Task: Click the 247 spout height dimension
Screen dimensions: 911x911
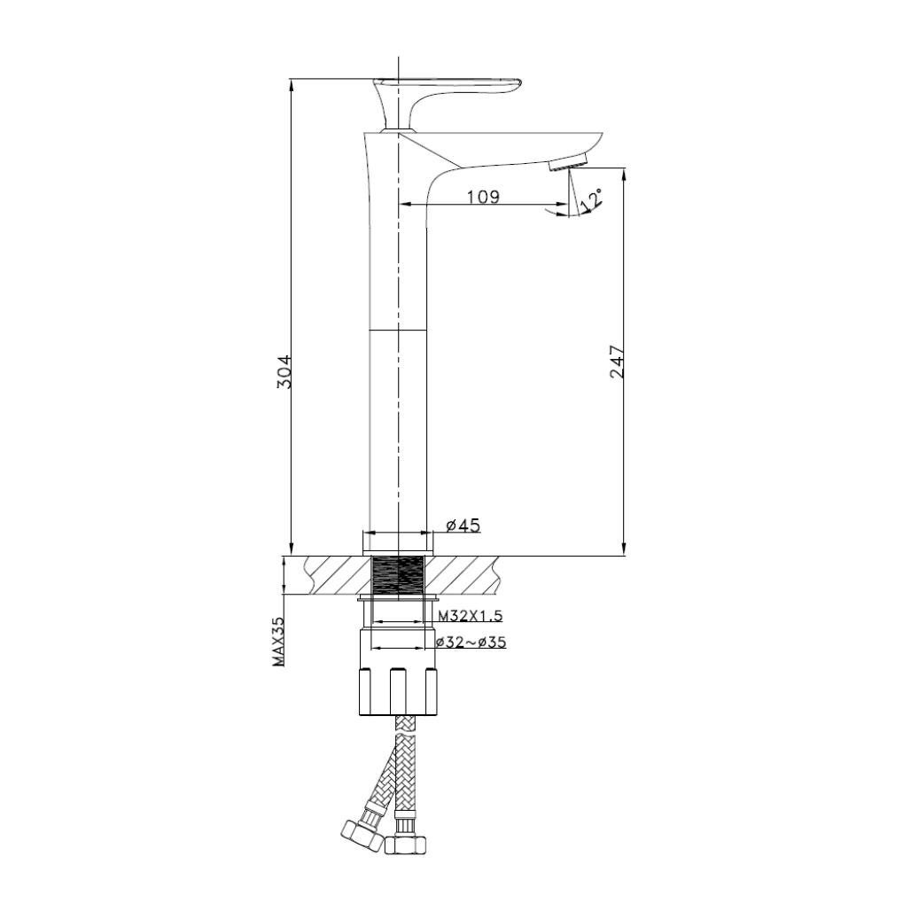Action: pyautogui.click(x=617, y=362)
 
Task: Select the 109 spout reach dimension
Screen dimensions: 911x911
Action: pyautogui.click(x=483, y=196)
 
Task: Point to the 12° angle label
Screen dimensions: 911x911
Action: pyautogui.click(x=591, y=199)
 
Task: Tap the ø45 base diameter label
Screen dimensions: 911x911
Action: pyautogui.click(x=463, y=526)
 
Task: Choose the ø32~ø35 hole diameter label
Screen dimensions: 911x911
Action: pyautogui.click(x=471, y=642)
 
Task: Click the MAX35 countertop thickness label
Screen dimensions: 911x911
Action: pyautogui.click(x=279, y=642)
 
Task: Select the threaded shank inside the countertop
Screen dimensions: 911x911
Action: pyautogui.click(x=398, y=576)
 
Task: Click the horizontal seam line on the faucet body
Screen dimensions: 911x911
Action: pyautogui.click(x=398, y=329)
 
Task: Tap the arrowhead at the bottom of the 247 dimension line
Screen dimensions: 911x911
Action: pyautogui.click(x=624, y=549)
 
